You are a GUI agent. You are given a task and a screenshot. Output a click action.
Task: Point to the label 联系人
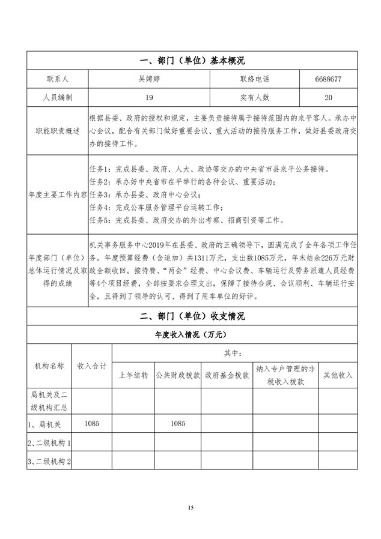[57, 79]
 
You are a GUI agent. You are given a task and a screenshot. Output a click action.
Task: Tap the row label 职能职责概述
[57, 130]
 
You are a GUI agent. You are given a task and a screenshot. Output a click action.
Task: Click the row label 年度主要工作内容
[58, 195]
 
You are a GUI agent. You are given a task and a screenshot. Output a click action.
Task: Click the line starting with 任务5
[186, 220]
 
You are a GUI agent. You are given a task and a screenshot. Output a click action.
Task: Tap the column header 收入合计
[92, 365]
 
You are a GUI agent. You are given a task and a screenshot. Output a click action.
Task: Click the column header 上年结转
[133, 375]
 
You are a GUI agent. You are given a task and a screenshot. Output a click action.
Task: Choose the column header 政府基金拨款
[227, 375]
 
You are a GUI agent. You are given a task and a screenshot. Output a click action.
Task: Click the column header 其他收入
[338, 375]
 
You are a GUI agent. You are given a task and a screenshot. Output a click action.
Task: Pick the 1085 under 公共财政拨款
[178, 424]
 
